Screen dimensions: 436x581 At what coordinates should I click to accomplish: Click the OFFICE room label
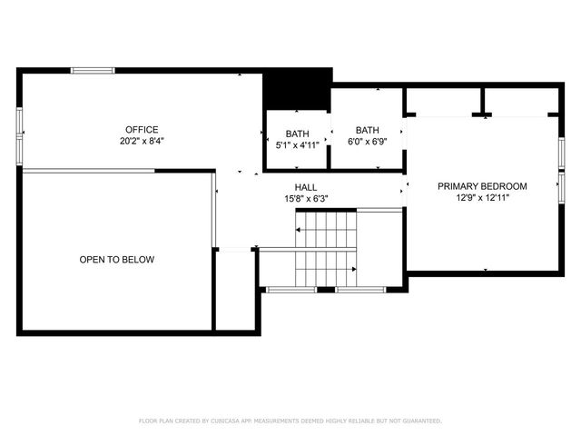[142, 129]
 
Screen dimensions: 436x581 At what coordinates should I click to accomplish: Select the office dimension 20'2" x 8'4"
[142, 141]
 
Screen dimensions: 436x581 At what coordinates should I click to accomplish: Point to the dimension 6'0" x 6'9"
[367, 141]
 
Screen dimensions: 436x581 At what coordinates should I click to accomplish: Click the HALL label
[305, 186]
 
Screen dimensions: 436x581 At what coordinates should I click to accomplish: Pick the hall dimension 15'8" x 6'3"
[305, 198]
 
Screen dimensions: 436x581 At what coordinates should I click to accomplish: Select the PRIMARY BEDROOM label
[482, 186]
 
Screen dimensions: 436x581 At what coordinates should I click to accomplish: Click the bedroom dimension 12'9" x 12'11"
[482, 198]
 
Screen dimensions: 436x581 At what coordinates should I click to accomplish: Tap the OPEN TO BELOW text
[116, 260]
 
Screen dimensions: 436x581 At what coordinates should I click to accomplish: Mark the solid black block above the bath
[296, 89]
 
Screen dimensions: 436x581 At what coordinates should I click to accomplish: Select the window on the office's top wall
[94, 70]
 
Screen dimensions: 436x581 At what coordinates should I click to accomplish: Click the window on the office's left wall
[19, 124]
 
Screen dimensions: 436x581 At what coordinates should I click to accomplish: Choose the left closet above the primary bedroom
[443, 100]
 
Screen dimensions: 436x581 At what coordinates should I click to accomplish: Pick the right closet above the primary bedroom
[520, 100]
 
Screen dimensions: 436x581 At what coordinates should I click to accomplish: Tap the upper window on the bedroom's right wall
[562, 150]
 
